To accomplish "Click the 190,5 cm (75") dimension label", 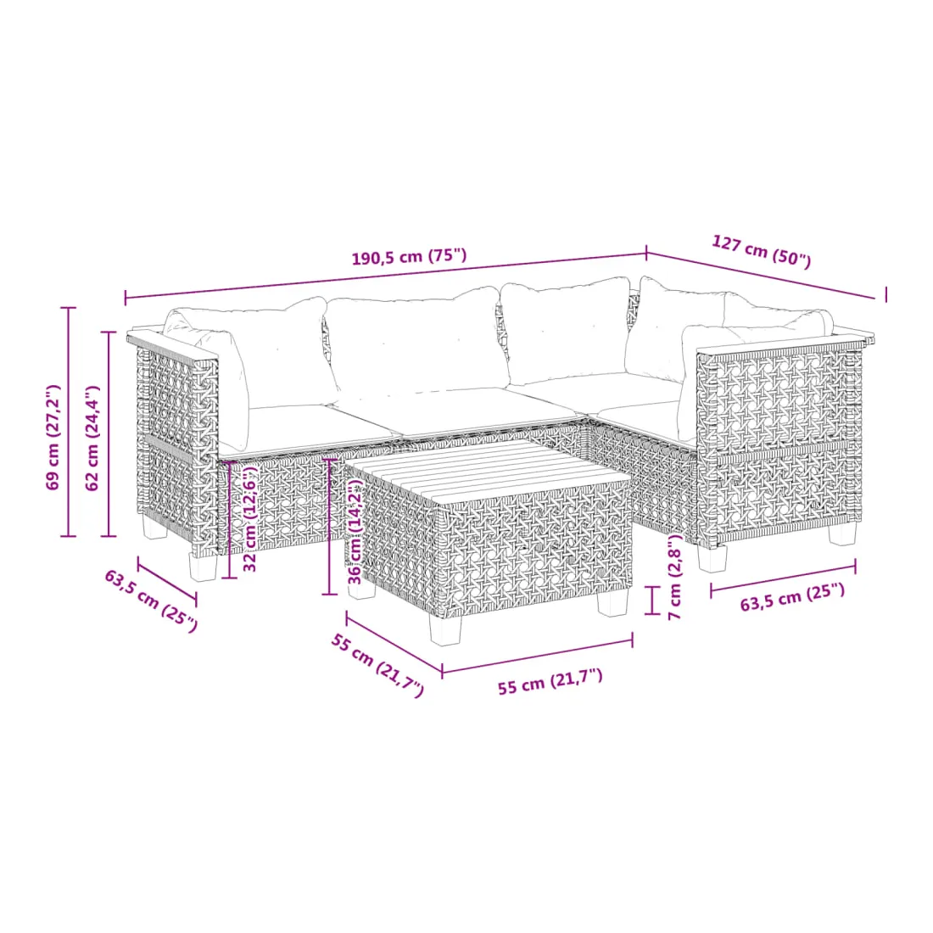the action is pos(410,257).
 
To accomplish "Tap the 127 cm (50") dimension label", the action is pos(762,251).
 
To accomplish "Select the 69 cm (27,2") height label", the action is pos(53,438).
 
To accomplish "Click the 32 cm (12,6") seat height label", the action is pos(250,517).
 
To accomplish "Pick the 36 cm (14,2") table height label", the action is pos(355,531).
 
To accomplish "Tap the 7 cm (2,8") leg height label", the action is pos(675,577).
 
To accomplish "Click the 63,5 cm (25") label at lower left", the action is pos(151,601).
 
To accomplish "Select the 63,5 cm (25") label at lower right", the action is pos(792,597).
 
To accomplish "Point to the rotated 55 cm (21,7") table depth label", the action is pos(377,665).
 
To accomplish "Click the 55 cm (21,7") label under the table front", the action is pos(550,682).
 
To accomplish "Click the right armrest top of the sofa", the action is pos(786,344).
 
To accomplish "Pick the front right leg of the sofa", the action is pos(712,557).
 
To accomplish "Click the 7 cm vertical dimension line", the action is pos(653,600).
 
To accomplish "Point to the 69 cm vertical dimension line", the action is pos(69,422).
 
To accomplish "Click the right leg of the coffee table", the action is pos(613,601).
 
